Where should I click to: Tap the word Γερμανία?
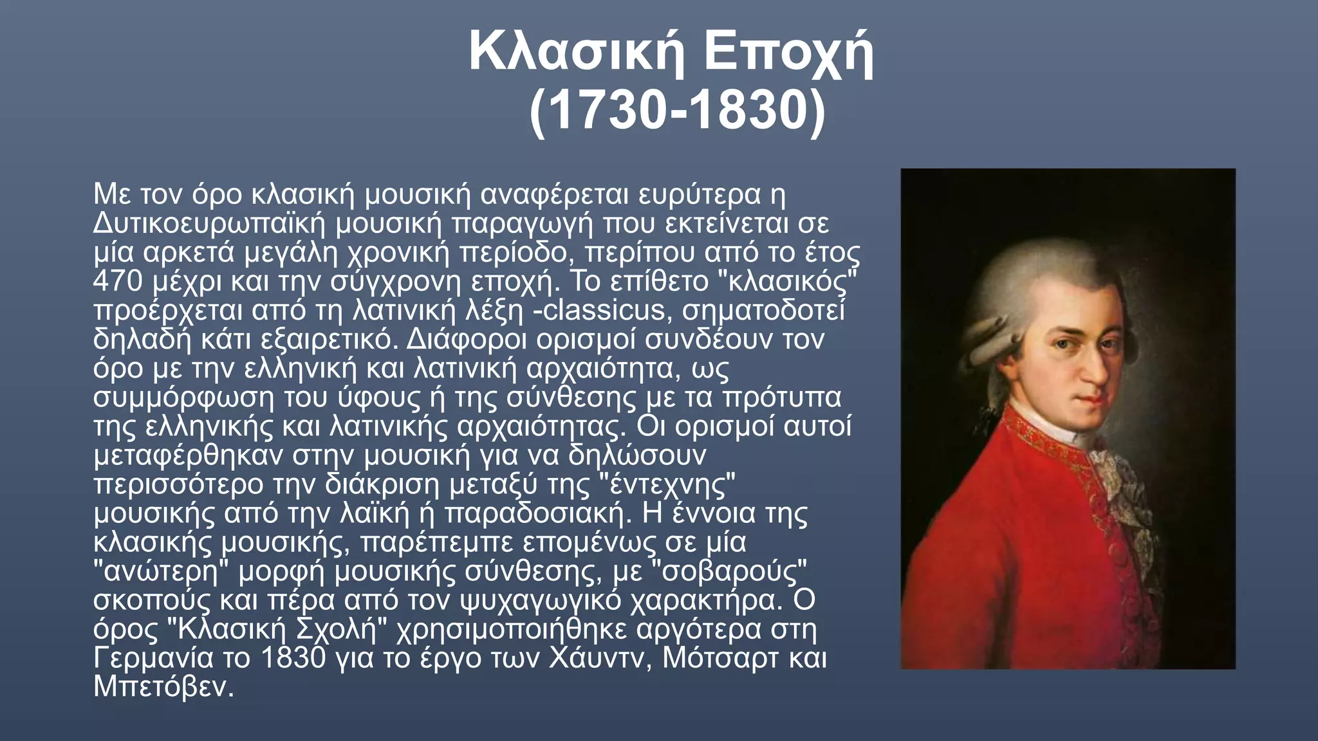(153, 658)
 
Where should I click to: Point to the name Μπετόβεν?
(162, 687)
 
